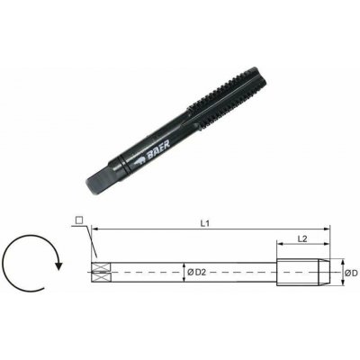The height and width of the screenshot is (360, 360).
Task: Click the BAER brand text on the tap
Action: pos(158,148)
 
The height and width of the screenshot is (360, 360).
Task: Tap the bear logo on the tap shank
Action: pos(139,162)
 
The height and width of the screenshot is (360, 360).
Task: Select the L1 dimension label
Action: pos(204,223)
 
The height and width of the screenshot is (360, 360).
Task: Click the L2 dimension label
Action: pos(302,238)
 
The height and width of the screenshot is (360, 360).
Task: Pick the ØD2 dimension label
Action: pos(196,273)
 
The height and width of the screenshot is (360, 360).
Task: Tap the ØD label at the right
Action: pos(351,273)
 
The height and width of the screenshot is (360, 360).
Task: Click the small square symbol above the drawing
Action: pos(79,220)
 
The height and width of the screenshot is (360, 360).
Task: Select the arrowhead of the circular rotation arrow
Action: pos(58,265)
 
